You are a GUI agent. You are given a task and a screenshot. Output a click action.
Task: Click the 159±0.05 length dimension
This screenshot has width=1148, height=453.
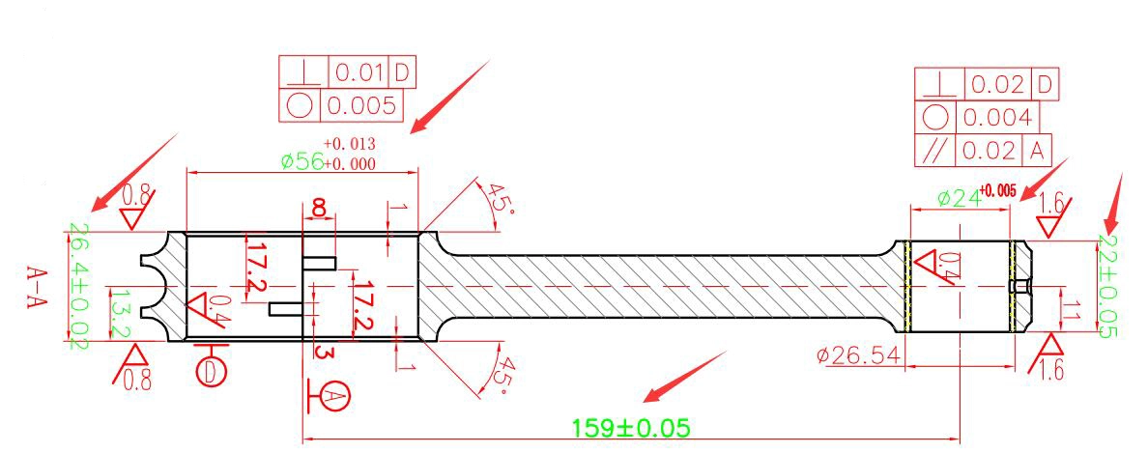630,427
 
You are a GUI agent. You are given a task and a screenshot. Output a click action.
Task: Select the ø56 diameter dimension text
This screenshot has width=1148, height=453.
302,161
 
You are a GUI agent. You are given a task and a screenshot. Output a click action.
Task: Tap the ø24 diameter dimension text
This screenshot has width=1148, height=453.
957,198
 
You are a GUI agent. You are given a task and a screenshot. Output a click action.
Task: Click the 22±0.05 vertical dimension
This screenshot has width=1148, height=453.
1107,286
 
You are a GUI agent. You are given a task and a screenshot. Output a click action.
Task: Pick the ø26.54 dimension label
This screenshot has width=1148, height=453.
859,356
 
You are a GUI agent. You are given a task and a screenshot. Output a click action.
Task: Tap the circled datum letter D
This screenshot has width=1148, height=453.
211,371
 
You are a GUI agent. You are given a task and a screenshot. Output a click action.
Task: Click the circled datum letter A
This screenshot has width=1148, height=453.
334,396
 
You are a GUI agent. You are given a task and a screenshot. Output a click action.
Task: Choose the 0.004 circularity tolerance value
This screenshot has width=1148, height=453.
997,117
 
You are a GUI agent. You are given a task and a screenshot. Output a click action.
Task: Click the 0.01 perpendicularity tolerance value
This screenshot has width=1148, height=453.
359,73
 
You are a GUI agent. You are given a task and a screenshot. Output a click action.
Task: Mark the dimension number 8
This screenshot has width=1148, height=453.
319,207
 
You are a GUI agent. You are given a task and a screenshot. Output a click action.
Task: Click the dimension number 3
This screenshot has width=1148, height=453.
320,352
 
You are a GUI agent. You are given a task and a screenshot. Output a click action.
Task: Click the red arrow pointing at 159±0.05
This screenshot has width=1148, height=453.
684,377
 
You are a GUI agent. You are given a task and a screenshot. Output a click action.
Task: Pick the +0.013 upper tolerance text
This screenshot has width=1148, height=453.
349,143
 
